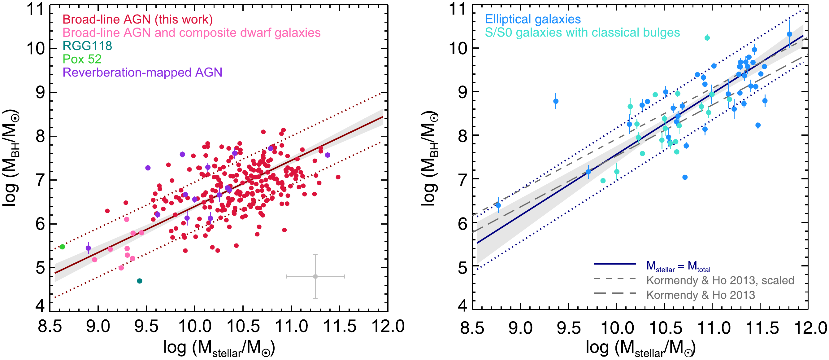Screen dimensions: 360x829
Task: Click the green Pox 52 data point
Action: point(63,247)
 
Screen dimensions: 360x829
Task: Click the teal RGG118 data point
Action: point(139,281)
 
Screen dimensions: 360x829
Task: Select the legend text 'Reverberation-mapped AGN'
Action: point(142,72)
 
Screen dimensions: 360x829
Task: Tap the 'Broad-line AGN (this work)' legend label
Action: point(137,20)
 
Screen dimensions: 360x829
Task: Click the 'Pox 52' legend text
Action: point(82,59)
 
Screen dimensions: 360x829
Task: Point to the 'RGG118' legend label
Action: point(87,46)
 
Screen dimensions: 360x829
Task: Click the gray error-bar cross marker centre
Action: point(315,276)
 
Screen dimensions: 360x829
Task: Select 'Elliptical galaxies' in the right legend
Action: point(533,19)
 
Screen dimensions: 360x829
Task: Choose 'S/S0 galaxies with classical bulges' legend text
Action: point(582,33)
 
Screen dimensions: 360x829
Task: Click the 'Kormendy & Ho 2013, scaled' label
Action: point(720,280)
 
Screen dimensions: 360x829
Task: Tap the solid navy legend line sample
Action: point(615,264)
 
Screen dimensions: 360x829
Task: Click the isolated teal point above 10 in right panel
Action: point(707,38)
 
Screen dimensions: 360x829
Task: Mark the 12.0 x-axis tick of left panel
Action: point(388,327)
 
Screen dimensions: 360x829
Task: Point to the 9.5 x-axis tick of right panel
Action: point(569,328)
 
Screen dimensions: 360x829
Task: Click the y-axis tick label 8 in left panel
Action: point(41,136)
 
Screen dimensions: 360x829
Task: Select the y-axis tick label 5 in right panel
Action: point(462,267)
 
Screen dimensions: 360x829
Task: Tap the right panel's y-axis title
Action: point(429,158)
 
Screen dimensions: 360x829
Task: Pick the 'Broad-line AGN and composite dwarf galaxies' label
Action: point(192,33)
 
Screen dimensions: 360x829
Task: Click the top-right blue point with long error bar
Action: point(789,34)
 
